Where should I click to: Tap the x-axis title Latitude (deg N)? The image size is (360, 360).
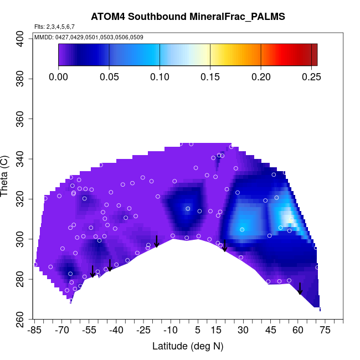[x=188, y=346]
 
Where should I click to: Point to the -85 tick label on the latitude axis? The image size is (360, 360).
[x=34, y=331]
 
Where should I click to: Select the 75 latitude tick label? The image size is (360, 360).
[x=325, y=331]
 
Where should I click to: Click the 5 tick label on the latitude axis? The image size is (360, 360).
[x=198, y=331]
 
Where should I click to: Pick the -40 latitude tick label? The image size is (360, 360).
[x=116, y=331]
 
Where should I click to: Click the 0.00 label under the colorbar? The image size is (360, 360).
[x=59, y=76]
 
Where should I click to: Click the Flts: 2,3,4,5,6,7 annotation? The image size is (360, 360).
[x=54, y=27]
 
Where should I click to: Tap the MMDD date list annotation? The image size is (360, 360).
[x=89, y=37]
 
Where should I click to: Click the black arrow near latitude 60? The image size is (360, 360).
[x=300, y=289]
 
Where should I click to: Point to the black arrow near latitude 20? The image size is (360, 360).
[x=225, y=246]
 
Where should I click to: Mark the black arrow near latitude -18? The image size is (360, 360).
[x=157, y=241]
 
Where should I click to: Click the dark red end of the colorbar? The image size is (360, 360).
[x=313, y=55]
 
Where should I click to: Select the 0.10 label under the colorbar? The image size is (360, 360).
[x=160, y=76]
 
